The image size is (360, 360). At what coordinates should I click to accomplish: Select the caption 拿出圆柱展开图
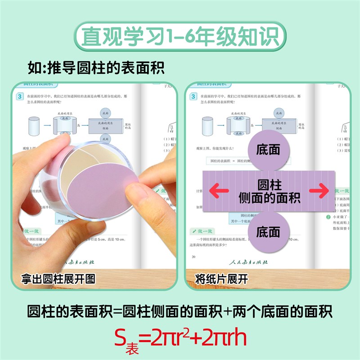coord(58,279)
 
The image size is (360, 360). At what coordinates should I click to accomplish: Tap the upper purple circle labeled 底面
coord(268,150)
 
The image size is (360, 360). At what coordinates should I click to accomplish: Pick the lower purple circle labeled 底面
coord(268,232)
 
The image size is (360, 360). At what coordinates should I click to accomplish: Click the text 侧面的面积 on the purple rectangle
coord(269,198)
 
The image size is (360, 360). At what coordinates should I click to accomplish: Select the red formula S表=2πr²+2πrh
coord(180,338)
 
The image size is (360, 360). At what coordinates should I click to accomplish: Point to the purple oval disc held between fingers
coord(102,183)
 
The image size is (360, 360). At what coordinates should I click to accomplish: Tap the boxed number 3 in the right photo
coord(193,96)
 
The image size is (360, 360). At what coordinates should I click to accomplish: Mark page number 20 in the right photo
coord(193,257)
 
